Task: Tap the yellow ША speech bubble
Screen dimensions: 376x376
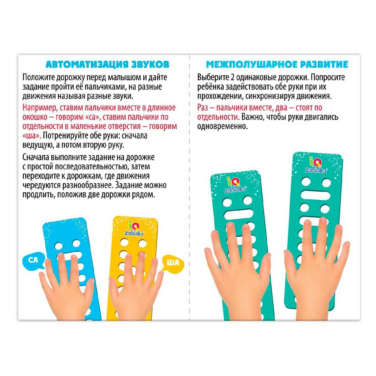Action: [173, 263]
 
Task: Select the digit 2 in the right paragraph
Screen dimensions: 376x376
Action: [232, 77]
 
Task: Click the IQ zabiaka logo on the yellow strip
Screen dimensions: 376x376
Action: [134, 229]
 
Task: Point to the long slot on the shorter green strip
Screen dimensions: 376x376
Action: [239, 215]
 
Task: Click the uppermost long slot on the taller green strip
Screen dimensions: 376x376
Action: [315, 195]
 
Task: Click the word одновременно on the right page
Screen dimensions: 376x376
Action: [222, 127]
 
